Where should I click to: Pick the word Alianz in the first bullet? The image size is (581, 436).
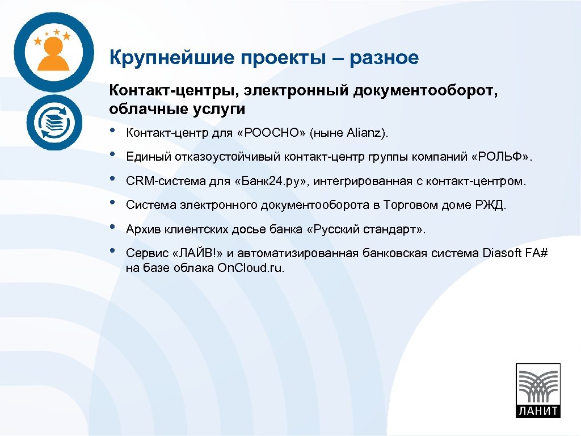364,133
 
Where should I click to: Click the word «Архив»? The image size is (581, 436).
142,229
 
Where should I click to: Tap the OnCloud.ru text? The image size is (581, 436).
250,267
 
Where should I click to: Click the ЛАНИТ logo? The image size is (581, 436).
537,390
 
